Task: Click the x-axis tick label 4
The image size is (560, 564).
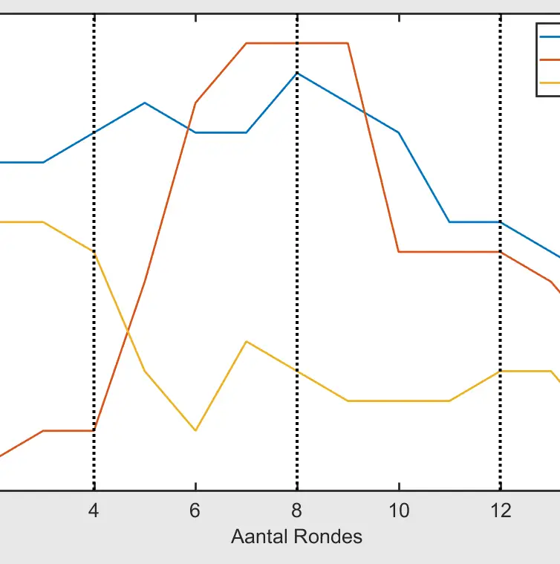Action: coord(94,510)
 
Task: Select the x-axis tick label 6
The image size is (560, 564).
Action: coord(195,510)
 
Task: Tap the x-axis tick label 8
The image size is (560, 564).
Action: coord(297,510)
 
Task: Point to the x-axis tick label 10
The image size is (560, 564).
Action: coord(399,510)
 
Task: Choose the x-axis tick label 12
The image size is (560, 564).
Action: coord(501,510)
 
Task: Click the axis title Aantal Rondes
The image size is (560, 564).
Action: coord(296,537)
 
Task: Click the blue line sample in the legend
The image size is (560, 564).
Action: coord(549,35)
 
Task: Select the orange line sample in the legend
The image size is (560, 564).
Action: coord(549,59)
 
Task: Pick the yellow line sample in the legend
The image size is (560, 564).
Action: coord(549,82)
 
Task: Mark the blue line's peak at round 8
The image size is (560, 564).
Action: coord(297,74)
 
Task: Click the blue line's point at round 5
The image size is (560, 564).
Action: coord(145,103)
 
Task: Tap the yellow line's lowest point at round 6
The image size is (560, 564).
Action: coord(195,430)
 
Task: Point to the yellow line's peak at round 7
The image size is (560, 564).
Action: coord(247,341)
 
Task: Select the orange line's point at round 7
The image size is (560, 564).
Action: coord(247,43)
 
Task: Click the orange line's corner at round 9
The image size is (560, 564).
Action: coord(348,43)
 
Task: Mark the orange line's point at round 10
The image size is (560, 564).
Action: coord(399,252)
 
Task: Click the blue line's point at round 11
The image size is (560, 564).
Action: coord(449,222)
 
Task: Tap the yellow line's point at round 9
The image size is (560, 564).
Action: coord(348,401)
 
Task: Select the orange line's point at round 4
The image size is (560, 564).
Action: coord(94,430)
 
